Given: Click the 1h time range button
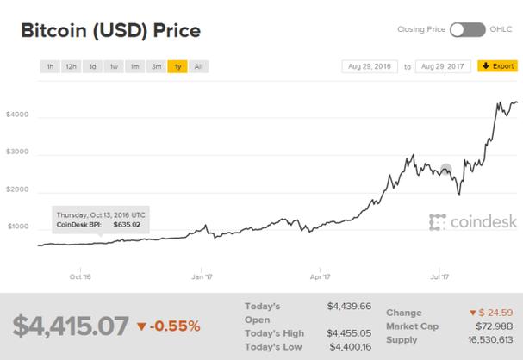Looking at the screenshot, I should tap(50, 65).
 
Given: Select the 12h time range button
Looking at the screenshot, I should tap(72, 65).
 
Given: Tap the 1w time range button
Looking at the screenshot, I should tap(114, 65).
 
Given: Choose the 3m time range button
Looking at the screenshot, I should tap(156, 65).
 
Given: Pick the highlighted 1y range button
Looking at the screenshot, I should tap(177, 65).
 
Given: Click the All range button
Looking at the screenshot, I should tap(199, 65).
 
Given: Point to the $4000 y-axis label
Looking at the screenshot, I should tap(19, 115).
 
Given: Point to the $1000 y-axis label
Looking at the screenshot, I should tap(19, 227).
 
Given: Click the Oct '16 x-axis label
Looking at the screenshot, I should tap(81, 277).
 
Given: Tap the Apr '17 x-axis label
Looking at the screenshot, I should tap(321, 277).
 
